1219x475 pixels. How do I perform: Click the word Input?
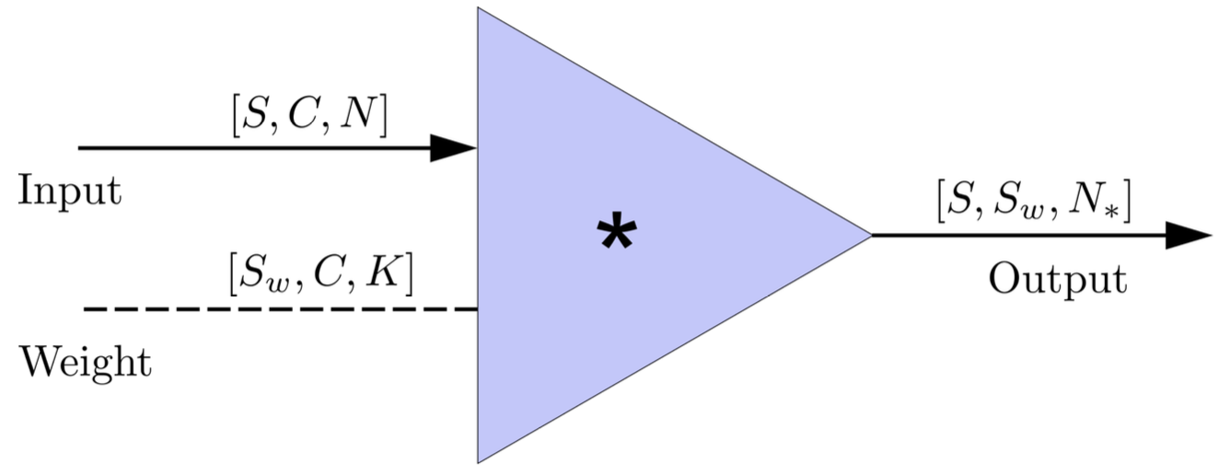(70, 191)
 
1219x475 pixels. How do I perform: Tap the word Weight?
(86, 362)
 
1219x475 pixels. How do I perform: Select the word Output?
(1057, 279)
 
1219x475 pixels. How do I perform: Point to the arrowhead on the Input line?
(453, 147)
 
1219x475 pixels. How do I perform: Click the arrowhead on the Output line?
(1189, 235)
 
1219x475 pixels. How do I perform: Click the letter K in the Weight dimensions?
(386, 273)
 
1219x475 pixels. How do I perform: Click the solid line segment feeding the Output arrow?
(1013, 235)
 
